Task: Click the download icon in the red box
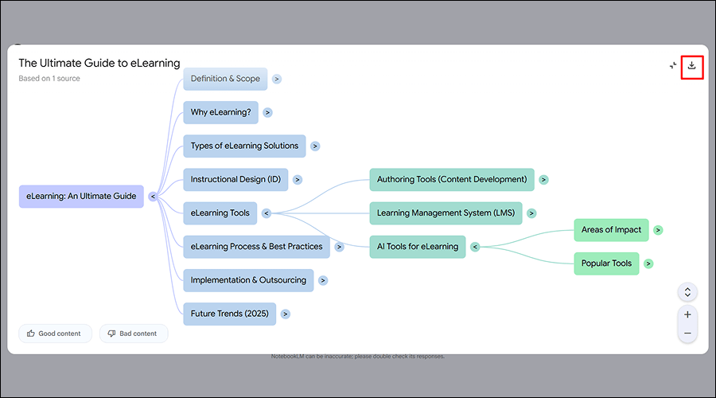[x=691, y=65]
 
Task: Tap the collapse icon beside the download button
[x=673, y=65]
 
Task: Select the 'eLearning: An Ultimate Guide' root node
[x=81, y=196]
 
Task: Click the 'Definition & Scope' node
[x=225, y=79]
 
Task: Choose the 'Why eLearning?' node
[x=220, y=112]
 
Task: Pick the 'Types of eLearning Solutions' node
[x=244, y=146]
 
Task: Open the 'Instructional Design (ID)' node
[x=235, y=179]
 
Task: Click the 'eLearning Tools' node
[x=220, y=213]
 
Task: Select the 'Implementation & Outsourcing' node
[x=248, y=279]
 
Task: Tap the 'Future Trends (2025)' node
[x=228, y=313]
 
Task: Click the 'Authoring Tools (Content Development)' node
[x=451, y=179]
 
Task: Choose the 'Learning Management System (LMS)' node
[x=445, y=213]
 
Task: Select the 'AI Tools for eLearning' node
[x=417, y=246]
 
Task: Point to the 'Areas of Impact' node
[x=611, y=230]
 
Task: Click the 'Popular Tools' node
[x=606, y=263]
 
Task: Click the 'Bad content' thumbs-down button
[x=134, y=334]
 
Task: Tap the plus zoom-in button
[x=687, y=314]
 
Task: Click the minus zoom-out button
[x=687, y=333]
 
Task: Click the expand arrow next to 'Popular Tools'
[x=649, y=263]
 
